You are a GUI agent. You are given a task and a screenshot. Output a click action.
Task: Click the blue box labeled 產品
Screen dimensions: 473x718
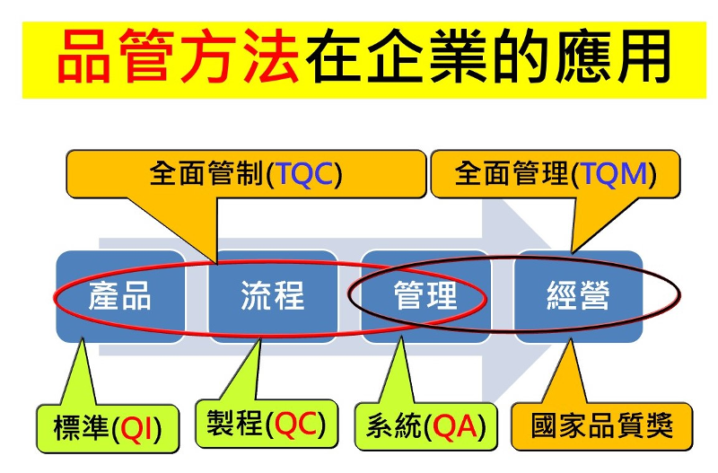coord(119,295)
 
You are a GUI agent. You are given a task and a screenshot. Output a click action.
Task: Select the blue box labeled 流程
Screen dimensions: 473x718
coord(272,295)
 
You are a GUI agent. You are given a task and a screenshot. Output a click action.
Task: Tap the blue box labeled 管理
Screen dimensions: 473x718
coord(425,295)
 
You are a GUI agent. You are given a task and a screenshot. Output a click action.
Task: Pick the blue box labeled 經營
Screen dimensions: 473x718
coord(578,295)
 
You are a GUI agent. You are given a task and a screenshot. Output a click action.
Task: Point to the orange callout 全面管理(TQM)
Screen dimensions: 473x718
coord(555,173)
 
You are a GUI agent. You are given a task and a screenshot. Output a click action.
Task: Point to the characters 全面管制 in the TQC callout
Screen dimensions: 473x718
coord(206,173)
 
